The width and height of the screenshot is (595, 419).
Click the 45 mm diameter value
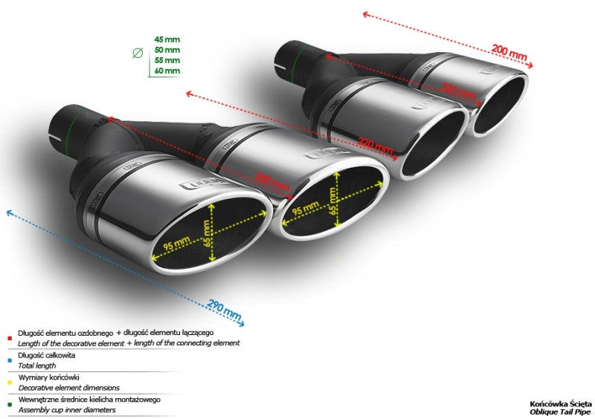tap(167, 38)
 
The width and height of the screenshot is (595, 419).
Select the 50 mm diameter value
tap(167, 49)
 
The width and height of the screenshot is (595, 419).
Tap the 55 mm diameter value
tap(167, 59)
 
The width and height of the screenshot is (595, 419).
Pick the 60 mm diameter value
tap(167, 71)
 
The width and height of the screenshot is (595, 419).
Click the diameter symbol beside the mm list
tap(137, 53)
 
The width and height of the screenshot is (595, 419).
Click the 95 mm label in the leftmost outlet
tap(175, 244)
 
